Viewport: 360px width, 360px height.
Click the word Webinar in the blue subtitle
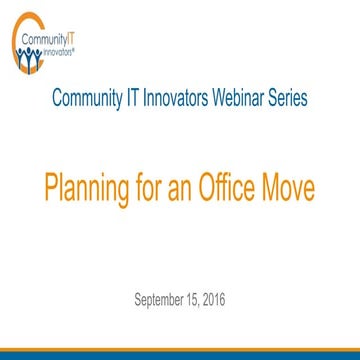point(232,99)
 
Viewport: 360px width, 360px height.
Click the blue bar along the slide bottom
point(180,354)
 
